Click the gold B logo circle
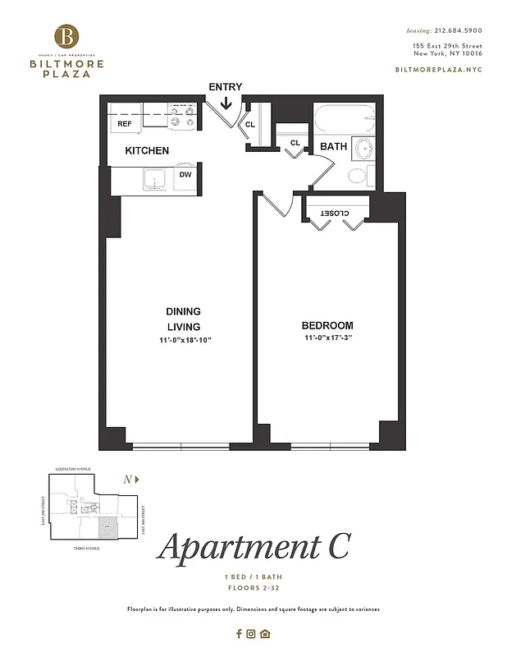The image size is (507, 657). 68,36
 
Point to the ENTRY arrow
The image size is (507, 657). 226,103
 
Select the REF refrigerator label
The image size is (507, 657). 125,124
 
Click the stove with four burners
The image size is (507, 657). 183,117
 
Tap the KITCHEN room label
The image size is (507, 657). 147,150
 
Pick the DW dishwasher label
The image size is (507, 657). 185,175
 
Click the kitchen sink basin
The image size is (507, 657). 153,178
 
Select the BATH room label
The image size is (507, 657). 333,146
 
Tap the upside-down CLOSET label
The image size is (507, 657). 334,214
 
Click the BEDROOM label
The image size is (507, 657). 327,325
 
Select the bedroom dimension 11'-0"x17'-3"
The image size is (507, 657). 327,338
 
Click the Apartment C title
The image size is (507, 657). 253,546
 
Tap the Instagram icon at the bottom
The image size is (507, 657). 252,633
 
